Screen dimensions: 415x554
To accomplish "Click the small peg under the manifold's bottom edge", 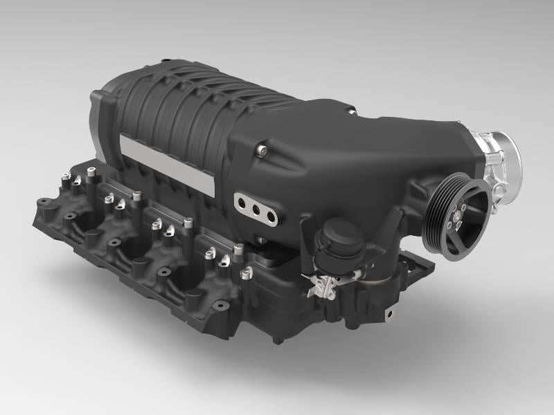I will tap(276, 340).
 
